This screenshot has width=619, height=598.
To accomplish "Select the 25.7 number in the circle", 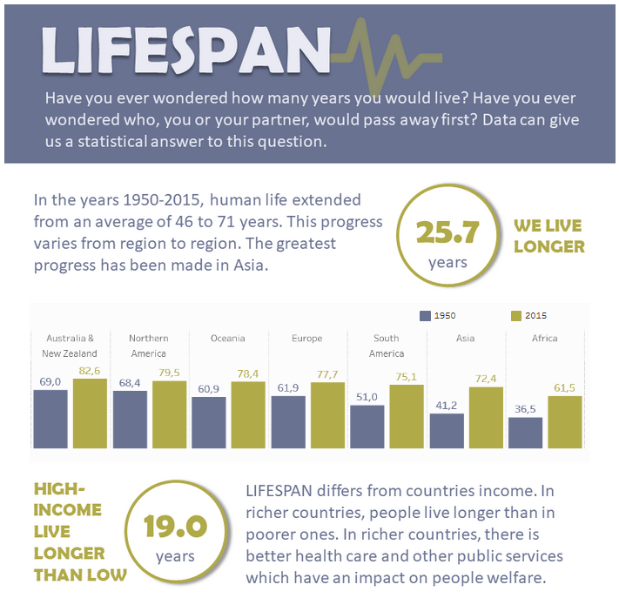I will pyautogui.click(x=447, y=233).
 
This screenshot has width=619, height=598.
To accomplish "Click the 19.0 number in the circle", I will pyautogui.click(x=175, y=527).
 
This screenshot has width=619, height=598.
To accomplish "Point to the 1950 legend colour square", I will pyautogui.click(x=425, y=316).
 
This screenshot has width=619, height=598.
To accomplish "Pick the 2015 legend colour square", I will pyautogui.click(x=515, y=316).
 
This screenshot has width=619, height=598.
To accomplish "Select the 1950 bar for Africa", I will pyautogui.click(x=525, y=433).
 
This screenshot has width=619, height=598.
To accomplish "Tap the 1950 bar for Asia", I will pyautogui.click(x=447, y=430).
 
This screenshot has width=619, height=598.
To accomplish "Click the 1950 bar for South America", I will pyautogui.click(x=367, y=426).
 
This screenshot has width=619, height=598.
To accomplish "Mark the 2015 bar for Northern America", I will pyautogui.click(x=169, y=413).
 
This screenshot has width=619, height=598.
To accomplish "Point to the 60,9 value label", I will pyautogui.click(x=209, y=389).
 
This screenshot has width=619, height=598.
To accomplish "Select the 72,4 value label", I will pyautogui.click(x=486, y=379).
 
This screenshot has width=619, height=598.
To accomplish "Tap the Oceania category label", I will pyautogui.click(x=228, y=338).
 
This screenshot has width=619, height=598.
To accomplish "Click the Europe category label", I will pyautogui.click(x=307, y=338).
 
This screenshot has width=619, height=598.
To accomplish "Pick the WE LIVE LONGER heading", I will pyautogui.click(x=548, y=236).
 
